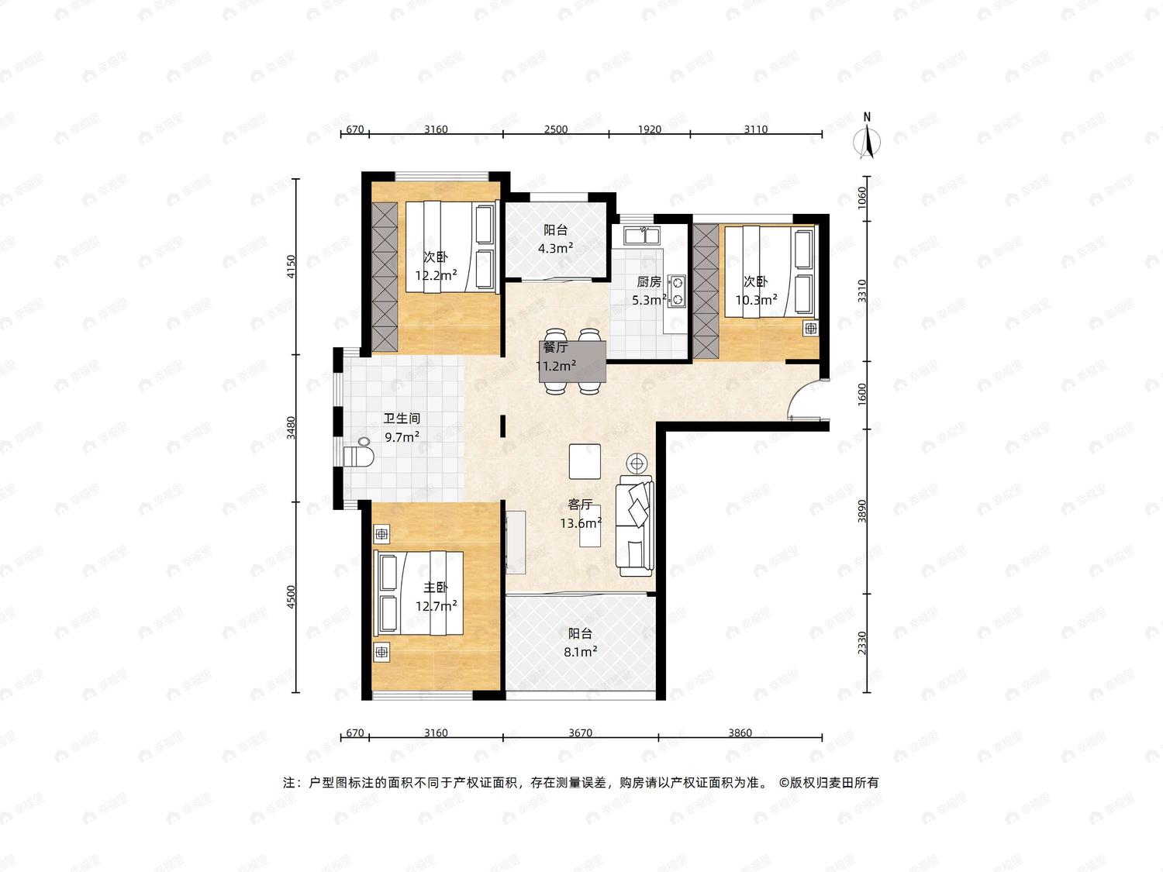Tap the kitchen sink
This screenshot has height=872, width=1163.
coord(641,235)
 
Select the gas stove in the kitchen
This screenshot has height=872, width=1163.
coord(676,291)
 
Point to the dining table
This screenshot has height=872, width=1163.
coord(573,362)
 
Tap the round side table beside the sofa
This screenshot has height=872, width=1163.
coord(637,464)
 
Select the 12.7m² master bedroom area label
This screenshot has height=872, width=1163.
coord(436,606)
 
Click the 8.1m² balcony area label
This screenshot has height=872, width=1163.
coord(580,652)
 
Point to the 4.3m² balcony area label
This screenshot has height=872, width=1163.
coord(555,248)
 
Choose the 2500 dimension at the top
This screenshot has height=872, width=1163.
coord(556,129)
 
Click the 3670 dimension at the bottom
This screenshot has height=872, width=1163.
coord(580,732)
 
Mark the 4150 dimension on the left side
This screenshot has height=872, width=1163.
coord(291,267)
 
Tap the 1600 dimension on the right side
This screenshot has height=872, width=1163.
coord(862,395)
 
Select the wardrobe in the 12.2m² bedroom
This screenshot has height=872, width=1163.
coord(385,277)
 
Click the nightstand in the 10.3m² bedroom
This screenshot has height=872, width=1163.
coord(811,328)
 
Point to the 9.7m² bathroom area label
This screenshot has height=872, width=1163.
coord(402,437)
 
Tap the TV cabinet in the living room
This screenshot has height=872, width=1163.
coord(516,542)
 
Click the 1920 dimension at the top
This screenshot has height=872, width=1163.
coord(650,129)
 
